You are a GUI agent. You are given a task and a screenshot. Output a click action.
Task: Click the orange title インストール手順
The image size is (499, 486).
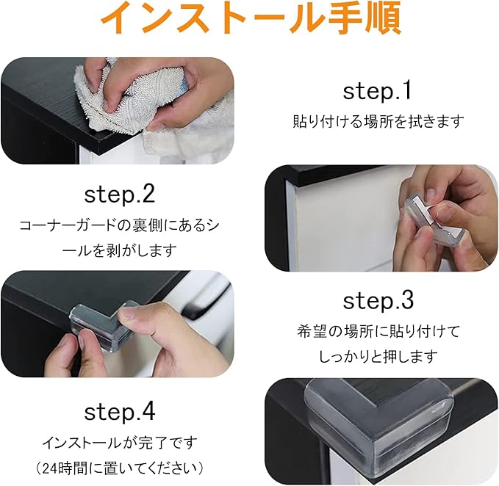[x=251, y=19]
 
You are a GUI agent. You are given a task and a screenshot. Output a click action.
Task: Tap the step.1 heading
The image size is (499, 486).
[x=377, y=91]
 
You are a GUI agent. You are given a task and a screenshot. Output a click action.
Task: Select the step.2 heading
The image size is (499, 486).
[x=120, y=195]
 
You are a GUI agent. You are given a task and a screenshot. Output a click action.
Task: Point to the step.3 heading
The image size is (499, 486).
[x=378, y=301]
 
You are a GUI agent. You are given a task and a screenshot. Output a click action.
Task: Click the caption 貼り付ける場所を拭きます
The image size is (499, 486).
[x=378, y=121]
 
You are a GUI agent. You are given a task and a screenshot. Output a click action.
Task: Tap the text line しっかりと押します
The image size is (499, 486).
[x=378, y=356]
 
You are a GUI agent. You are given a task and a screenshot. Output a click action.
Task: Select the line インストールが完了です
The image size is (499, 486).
[x=120, y=443]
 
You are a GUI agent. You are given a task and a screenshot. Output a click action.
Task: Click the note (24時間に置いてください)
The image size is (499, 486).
[x=120, y=468]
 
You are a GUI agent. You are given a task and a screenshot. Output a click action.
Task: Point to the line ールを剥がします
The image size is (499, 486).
[x=119, y=250]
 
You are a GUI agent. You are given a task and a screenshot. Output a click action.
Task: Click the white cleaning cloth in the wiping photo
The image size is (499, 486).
[x=134, y=102]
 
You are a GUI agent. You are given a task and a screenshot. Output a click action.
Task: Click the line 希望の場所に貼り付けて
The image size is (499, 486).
[x=378, y=331]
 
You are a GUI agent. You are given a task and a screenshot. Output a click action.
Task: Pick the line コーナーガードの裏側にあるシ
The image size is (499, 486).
[x=120, y=225]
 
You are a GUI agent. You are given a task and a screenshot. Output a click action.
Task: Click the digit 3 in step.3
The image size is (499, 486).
[x=407, y=301]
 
